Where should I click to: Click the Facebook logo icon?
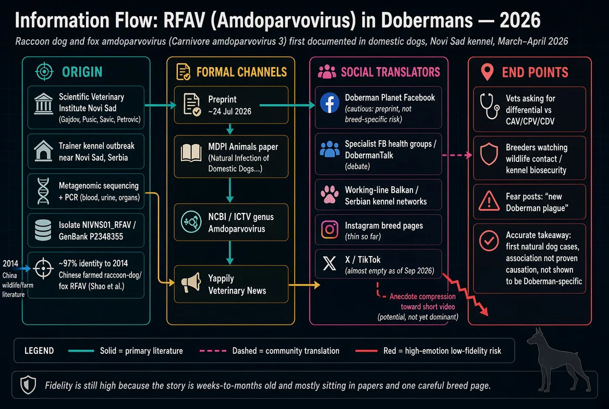pyautogui.click(x=330, y=103)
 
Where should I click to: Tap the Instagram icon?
pyautogui.click(x=330, y=230)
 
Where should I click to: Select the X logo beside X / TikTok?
pyautogui.click(x=330, y=263)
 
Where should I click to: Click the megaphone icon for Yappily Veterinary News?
pyautogui.click(x=191, y=283)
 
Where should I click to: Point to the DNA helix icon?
pyautogui.click(x=43, y=191)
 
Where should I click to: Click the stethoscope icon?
pyautogui.click(x=489, y=106)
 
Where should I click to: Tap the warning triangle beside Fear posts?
pyautogui.click(x=489, y=201)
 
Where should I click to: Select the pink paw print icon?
pyautogui.click(x=330, y=194)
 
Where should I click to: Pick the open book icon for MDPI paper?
pyautogui.click(x=191, y=153)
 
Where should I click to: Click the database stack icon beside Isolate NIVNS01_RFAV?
pyautogui.click(x=43, y=230)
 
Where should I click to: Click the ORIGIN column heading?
pyautogui.click(x=82, y=72)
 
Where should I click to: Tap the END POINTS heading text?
pyautogui.click(x=535, y=73)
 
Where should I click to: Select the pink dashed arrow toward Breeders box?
pyautogui.click(x=457, y=155)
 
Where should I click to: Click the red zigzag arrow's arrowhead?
pyautogui.click(x=484, y=310)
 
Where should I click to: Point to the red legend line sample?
pyautogui.click(x=366, y=351)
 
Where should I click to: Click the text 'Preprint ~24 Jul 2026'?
pyautogui.click(x=229, y=105)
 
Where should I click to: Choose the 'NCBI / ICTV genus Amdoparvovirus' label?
pyautogui.click(x=241, y=223)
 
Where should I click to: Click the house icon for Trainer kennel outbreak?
pyautogui.click(x=43, y=150)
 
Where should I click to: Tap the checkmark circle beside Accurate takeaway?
pyautogui.click(x=489, y=240)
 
